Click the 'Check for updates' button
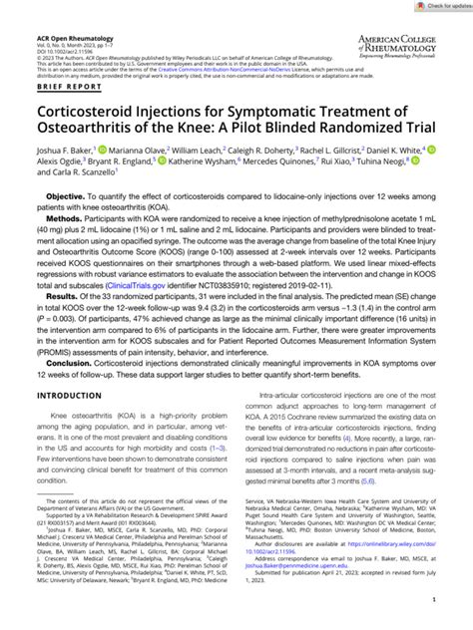point(437,7)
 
